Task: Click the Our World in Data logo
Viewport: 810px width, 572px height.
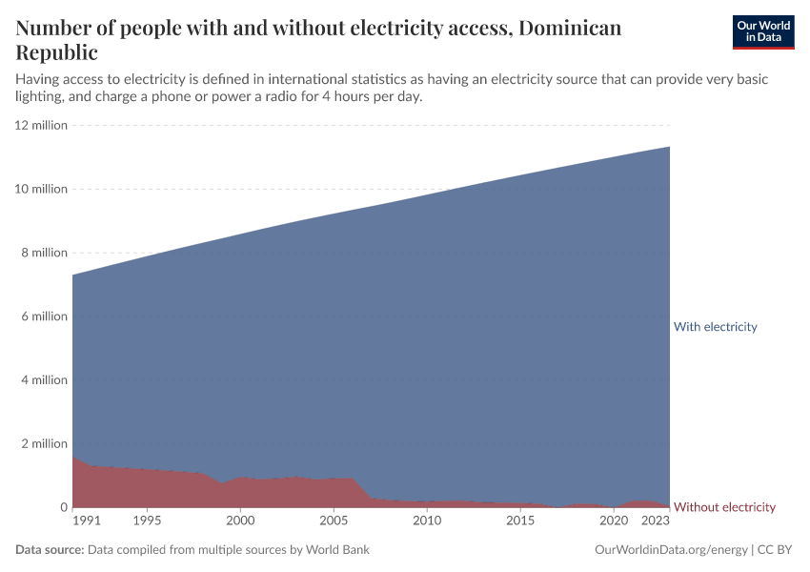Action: click(762, 31)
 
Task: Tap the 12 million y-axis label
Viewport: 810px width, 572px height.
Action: click(41, 125)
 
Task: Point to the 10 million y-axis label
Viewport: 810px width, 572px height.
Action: click(41, 189)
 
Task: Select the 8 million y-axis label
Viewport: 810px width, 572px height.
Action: click(44, 253)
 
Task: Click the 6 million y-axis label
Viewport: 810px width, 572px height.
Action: click(44, 317)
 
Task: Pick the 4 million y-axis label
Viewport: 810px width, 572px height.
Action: click(44, 380)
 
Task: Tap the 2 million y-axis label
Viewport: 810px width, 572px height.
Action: click(44, 444)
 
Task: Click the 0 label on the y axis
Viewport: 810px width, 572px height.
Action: click(63, 508)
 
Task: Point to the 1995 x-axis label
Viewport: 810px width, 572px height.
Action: click(147, 521)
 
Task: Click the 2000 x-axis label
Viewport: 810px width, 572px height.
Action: click(240, 521)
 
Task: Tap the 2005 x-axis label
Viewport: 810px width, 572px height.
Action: click(334, 521)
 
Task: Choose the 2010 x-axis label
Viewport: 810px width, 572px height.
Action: click(427, 521)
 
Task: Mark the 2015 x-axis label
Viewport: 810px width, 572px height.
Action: click(520, 521)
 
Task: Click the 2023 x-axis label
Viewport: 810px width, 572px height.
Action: click(656, 521)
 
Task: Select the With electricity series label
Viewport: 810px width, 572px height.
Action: click(715, 327)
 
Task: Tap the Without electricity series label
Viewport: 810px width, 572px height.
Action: click(724, 507)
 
